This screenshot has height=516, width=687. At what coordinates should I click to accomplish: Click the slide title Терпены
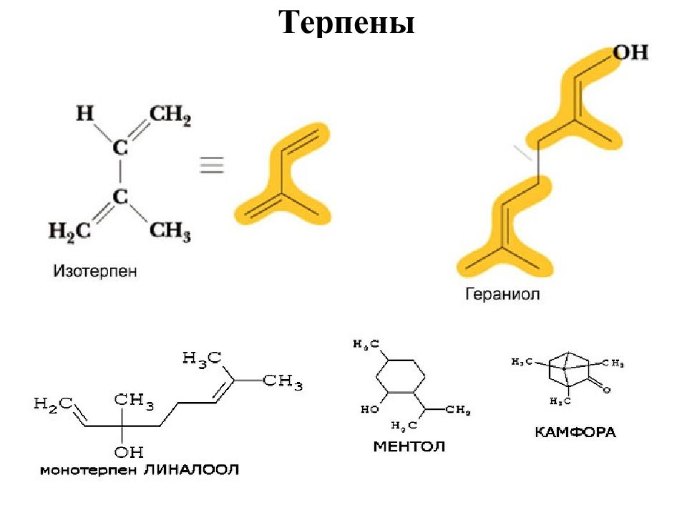tap(347, 24)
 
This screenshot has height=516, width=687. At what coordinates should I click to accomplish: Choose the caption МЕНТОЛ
tap(409, 446)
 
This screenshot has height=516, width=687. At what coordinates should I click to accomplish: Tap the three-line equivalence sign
tap(211, 165)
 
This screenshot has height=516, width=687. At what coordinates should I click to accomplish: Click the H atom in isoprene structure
tap(85, 113)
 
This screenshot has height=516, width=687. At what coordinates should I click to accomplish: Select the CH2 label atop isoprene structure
tap(170, 115)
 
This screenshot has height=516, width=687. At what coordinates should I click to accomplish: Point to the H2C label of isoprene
tap(69, 231)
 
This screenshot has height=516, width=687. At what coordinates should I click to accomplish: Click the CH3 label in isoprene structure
tap(170, 231)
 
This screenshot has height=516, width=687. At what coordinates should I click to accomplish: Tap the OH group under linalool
tap(129, 451)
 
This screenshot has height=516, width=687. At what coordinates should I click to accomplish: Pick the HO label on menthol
tap(369, 410)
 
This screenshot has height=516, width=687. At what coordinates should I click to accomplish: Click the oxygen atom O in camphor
tap(606, 391)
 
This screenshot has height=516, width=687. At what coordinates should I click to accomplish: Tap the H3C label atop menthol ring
tap(366, 345)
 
